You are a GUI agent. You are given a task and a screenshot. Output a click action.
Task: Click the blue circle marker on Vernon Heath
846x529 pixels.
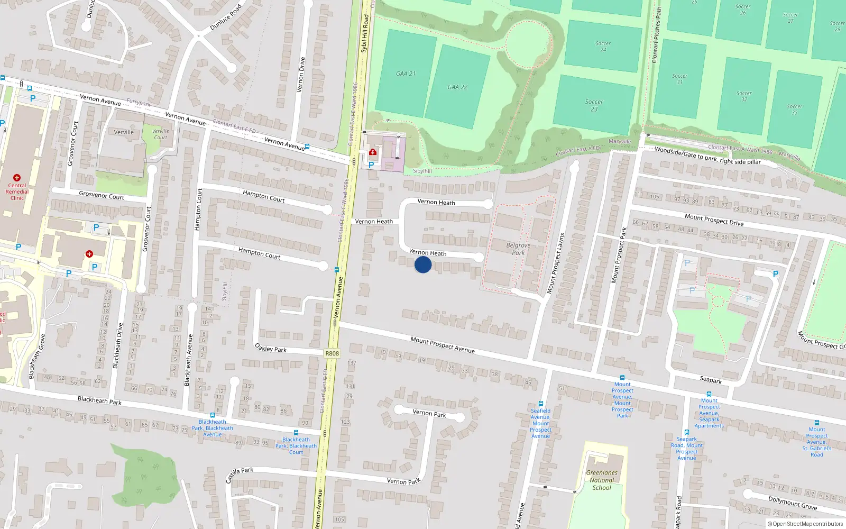coord(423,264)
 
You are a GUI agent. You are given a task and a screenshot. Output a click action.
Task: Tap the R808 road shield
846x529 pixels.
coord(332,353)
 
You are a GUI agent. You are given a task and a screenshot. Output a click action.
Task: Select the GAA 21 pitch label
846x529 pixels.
coord(406,74)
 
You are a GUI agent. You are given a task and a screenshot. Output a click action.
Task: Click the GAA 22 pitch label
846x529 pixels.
coord(457,87)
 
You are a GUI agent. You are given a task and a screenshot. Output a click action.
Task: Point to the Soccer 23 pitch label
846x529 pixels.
coord(594,105)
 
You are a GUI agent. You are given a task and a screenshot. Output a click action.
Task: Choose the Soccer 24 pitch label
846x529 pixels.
coord(603,47)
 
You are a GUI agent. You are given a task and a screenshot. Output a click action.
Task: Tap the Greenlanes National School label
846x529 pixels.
coord(602,480)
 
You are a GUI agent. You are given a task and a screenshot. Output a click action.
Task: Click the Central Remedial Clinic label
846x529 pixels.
coord(17,191)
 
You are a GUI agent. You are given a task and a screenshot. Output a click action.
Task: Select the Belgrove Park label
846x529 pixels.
coord(518,249)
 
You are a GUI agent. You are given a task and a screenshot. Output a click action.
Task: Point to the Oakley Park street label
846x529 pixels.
coord(271,348)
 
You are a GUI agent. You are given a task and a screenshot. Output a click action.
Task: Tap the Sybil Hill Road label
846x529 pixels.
coord(364,33)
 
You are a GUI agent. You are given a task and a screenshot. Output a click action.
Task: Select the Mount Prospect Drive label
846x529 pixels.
coord(714,220)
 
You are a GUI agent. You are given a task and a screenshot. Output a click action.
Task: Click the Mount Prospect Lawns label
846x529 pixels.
coord(555,263)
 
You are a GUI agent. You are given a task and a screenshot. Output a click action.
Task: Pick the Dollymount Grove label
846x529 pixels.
coord(793,503)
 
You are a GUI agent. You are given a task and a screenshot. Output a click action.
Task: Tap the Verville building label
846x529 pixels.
coord(124,132)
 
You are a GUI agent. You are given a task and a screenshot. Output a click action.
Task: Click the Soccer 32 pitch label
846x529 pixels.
coord(744,96)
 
